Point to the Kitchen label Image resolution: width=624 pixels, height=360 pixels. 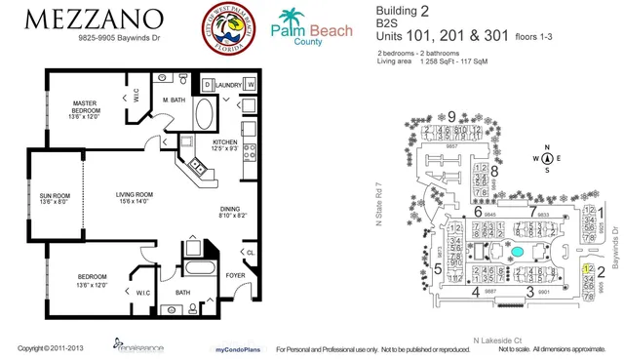226,144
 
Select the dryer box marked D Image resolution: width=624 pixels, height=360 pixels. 209,86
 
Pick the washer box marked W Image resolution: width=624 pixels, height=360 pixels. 251,86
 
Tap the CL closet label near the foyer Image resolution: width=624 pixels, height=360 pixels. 251,253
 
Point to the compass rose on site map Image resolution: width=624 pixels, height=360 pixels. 548,158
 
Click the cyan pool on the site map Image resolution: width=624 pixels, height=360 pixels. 517,252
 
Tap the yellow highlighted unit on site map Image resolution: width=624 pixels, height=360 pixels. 587,267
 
